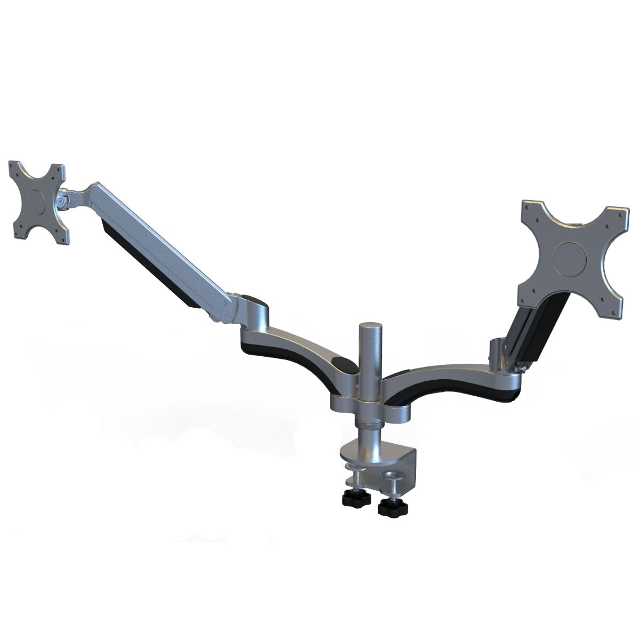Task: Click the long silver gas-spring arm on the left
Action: click(x=160, y=245)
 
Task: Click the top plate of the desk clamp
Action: click(x=379, y=451)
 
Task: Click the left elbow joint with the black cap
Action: click(x=251, y=304)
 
